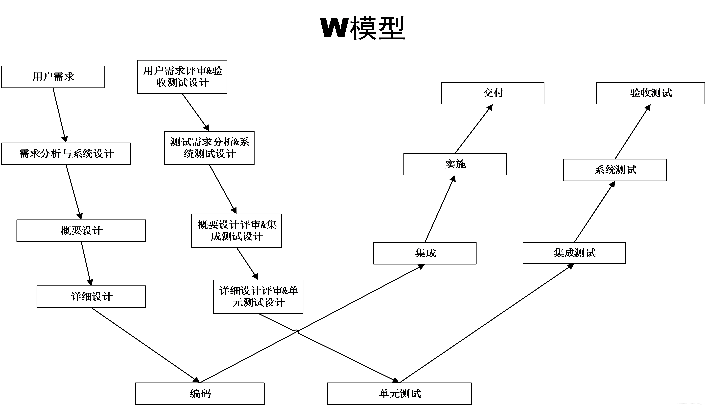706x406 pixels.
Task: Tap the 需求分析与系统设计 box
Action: pos(66,154)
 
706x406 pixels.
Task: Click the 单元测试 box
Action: pos(399,393)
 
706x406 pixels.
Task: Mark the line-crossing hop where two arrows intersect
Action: pos(296,332)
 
